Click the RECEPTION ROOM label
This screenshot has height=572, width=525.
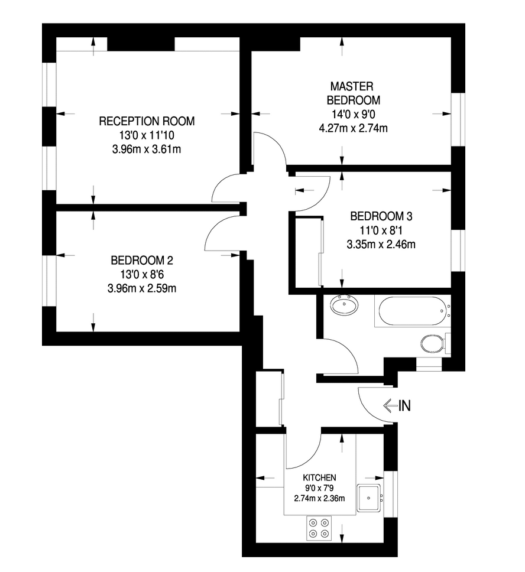147,121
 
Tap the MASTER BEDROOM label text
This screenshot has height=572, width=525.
353,93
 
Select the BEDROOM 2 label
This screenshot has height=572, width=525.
142,260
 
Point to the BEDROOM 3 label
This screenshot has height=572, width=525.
381,216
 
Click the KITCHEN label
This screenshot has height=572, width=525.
319,477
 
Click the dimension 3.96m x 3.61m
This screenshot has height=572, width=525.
147,149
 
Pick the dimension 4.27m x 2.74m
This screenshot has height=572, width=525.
353,128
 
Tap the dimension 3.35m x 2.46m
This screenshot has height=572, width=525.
381,244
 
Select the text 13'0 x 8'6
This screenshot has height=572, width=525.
142,274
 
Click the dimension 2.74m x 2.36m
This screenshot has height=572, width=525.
319,498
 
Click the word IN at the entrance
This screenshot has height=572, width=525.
404,405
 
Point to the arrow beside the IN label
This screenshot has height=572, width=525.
390,405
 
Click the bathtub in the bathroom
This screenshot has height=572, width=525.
413,311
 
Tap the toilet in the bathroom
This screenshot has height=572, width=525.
435,344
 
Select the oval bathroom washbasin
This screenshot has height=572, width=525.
344,305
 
